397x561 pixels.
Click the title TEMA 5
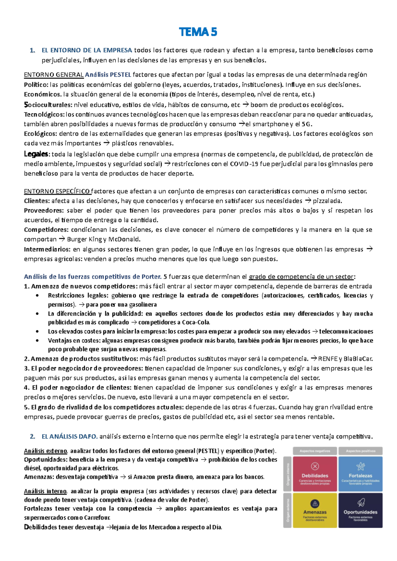198,32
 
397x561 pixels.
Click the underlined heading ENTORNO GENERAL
54,75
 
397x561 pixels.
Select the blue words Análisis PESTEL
108,75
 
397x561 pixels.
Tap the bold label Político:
36,85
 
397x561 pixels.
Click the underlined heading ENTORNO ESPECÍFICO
57,191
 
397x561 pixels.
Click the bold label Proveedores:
43,210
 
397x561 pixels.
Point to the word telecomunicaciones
346,331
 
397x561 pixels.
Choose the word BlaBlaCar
358,359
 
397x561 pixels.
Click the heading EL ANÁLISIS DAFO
69,437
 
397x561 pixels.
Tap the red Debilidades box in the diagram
315,474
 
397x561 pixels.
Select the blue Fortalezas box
360,474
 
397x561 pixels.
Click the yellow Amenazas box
315,510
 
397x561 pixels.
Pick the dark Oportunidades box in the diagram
360,510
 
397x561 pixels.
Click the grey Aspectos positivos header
360,451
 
